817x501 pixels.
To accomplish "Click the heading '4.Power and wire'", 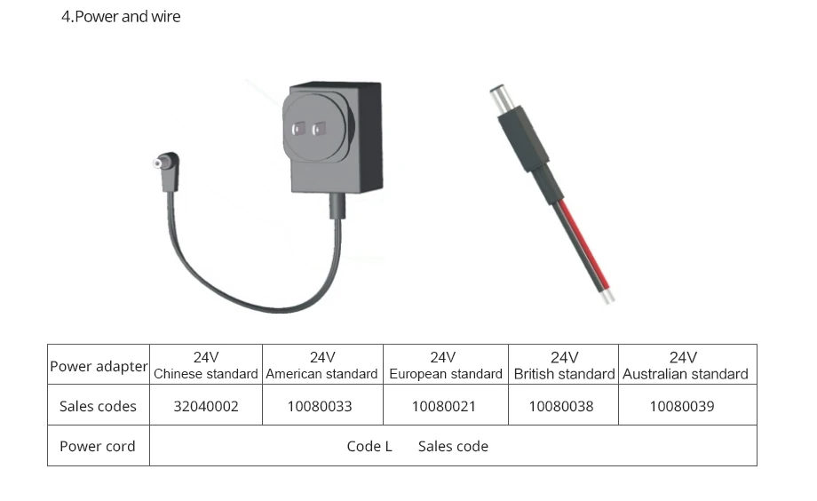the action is (x=121, y=17).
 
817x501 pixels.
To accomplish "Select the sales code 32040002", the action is (x=206, y=406).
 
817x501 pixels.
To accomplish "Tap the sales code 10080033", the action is (x=320, y=406).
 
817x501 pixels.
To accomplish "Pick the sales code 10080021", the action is (x=444, y=406).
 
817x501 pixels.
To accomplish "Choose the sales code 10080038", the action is (x=561, y=406).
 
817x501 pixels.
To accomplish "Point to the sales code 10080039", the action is (x=682, y=406).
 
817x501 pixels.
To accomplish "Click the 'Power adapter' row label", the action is (x=99, y=366).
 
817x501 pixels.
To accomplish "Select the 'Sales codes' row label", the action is (x=98, y=406).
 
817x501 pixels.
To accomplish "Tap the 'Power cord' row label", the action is (x=98, y=446).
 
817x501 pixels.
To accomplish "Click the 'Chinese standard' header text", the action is (x=206, y=374).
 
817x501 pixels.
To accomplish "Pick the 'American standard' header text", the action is (x=321, y=374).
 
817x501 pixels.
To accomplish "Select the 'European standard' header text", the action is (x=446, y=374).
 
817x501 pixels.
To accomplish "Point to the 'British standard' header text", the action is (x=564, y=374).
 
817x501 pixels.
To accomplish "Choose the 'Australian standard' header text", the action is (x=686, y=374).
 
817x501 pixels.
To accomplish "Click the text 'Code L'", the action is (x=369, y=446).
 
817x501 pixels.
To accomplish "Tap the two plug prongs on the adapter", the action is (x=306, y=130).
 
